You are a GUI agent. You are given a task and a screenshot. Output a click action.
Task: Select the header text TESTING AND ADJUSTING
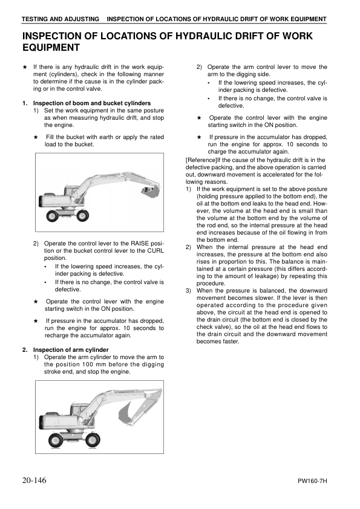[x=59, y=19]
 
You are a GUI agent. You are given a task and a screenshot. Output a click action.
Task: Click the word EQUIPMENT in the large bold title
[x=50, y=47]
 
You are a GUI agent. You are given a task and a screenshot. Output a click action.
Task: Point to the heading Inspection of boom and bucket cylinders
[x=91, y=103]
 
